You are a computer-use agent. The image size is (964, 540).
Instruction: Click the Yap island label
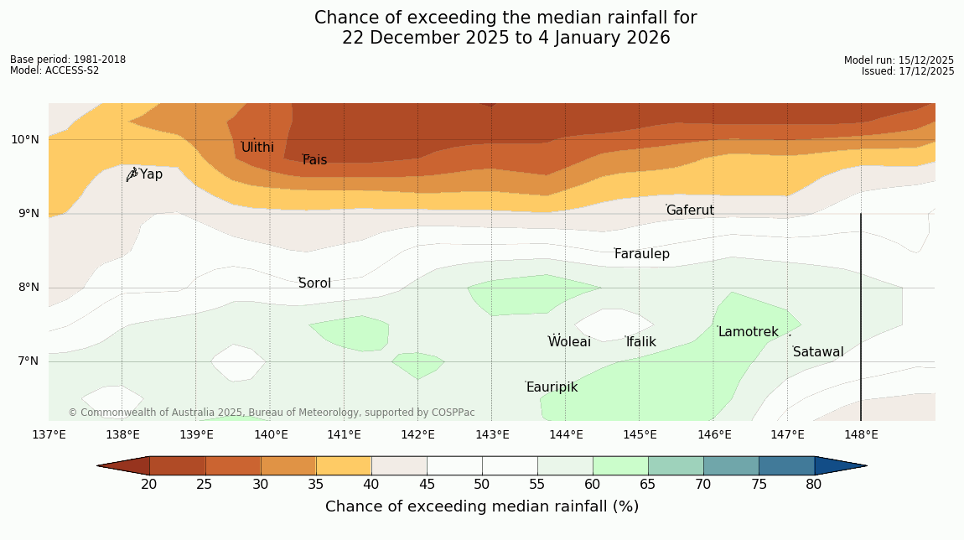(151, 174)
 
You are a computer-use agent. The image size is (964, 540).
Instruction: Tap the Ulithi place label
(257, 148)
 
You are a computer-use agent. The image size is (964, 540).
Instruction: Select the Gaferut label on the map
(690, 210)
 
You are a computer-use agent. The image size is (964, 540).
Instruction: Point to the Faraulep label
(641, 254)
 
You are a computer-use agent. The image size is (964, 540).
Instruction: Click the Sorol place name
(314, 283)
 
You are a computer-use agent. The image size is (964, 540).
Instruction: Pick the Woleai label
(569, 342)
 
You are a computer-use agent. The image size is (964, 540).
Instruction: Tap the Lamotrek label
(748, 332)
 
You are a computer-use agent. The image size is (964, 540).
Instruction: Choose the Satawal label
(818, 352)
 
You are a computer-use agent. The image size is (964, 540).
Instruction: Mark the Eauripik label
(552, 387)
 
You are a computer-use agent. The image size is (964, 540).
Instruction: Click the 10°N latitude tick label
(24, 139)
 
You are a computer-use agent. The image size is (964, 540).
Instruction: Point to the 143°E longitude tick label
(492, 434)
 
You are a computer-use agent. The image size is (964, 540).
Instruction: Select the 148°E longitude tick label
(861, 434)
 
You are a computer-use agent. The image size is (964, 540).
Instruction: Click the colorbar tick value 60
(593, 484)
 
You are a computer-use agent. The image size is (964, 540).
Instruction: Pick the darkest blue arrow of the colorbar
(840, 465)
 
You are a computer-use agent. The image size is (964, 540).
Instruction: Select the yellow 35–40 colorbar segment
(344, 465)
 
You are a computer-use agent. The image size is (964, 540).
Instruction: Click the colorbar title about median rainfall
(482, 506)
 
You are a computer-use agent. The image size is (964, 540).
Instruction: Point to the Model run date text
(899, 60)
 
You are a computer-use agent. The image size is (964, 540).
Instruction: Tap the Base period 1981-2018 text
(68, 60)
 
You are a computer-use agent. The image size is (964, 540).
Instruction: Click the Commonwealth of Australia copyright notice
(272, 413)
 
